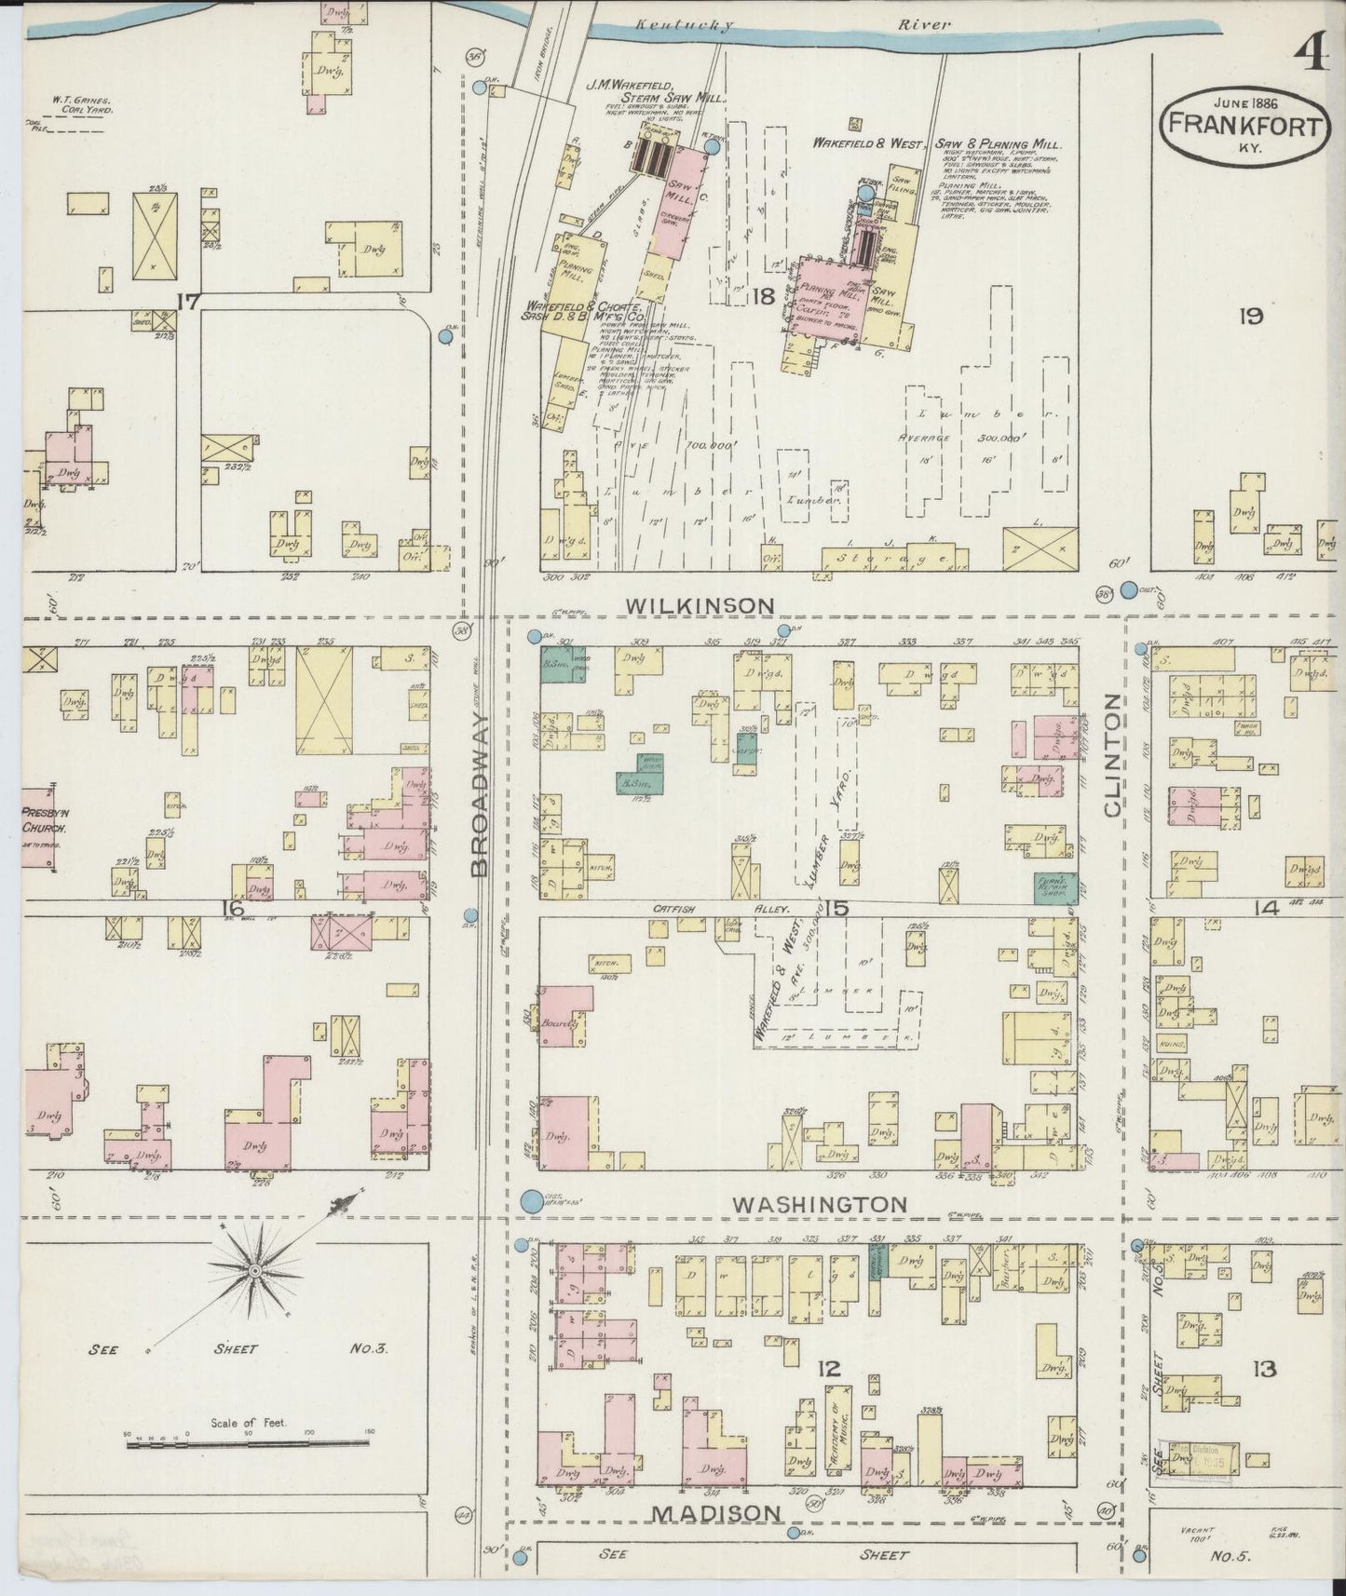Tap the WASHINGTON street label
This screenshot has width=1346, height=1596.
coord(819,1204)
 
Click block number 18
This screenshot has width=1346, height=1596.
coord(765,297)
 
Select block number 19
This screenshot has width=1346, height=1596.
coord(1250,317)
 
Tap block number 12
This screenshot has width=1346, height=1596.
coord(828,1368)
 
